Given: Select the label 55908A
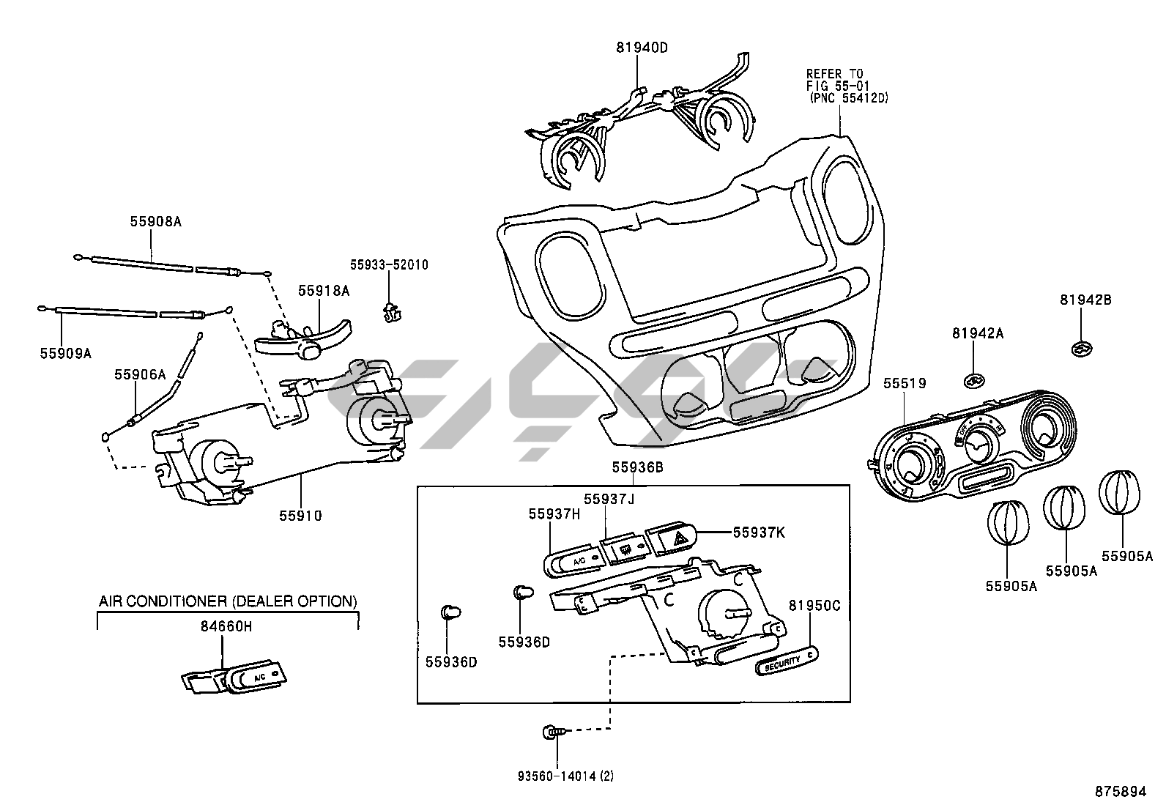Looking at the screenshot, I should pyautogui.click(x=155, y=220).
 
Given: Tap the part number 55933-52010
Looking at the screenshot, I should pyautogui.click(x=388, y=264).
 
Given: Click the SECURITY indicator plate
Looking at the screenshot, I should pyautogui.click(x=786, y=661).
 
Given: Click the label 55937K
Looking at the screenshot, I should pyautogui.click(x=758, y=533).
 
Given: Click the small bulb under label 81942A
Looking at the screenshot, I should pyautogui.click(x=973, y=380).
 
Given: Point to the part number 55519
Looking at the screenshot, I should pyautogui.click(x=904, y=383).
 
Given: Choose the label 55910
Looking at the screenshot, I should pyautogui.click(x=300, y=516).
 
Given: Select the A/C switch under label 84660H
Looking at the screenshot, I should pyautogui.click(x=253, y=677).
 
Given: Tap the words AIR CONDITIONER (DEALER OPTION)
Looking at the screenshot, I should pyautogui.click(x=228, y=601).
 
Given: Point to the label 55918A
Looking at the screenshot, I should pyautogui.click(x=324, y=291).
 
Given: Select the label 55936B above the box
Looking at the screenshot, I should pyautogui.click(x=637, y=467).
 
